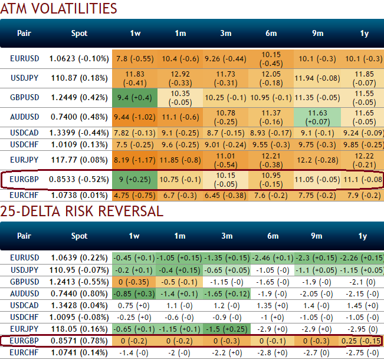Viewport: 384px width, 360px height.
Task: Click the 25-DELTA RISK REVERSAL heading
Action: coord(82,211)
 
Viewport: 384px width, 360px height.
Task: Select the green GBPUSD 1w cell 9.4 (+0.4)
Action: coord(135,97)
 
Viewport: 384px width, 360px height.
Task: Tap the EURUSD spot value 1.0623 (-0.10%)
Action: coord(79,58)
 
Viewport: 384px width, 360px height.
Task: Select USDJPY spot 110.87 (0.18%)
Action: coord(79,77)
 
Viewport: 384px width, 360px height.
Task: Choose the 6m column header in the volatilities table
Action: coord(271,33)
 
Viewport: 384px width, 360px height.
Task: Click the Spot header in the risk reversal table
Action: coord(79,236)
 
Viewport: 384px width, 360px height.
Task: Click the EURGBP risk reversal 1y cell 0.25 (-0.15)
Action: coord(360,341)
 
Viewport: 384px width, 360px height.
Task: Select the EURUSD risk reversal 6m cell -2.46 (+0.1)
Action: coord(271,257)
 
